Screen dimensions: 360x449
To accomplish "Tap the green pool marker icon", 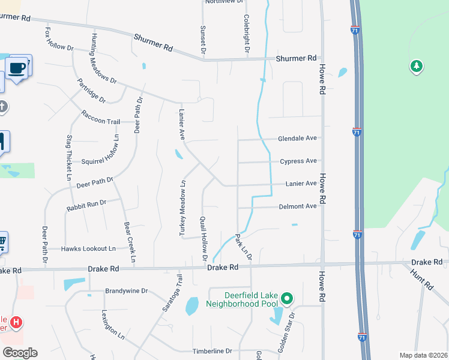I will pyautogui.click(x=287, y=298).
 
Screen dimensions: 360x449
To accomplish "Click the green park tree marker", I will pyautogui.click(x=416, y=66).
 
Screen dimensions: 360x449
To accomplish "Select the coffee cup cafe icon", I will pyautogui.click(x=18, y=67).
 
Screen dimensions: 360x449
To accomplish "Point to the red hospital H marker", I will pyautogui.click(x=17, y=323).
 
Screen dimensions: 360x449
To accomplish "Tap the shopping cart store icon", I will pyautogui.click(x=2, y=243).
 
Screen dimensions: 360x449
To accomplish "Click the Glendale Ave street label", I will pyautogui.click(x=297, y=139).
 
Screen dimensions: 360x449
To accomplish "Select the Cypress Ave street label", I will pyautogui.click(x=298, y=161).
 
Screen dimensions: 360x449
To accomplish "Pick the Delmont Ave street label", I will pyautogui.click(x=298, y=206).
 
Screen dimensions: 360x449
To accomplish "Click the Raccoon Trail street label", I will pyautogui.click(x=101, y=121).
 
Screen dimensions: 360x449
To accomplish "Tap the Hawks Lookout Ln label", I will pyautogui.click(x=88, y=248).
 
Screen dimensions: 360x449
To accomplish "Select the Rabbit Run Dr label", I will pyautogui.click(x=86, y=205).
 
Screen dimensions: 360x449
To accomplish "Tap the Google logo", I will pyautogui.click(x=19, y=353).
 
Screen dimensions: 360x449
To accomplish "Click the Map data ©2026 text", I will pyautogui.click(x=423, y=355).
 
